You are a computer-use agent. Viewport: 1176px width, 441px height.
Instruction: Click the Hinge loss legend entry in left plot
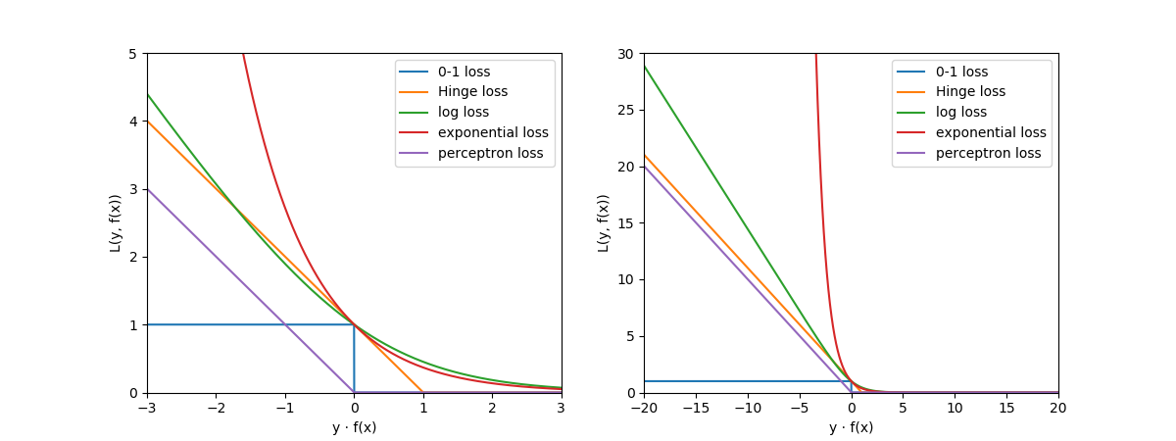(x=472, y=92)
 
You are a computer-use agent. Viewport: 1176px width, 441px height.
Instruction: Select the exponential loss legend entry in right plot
(x=991, y=132)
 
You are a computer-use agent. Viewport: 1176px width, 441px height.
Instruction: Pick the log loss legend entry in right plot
(x=961, y=113)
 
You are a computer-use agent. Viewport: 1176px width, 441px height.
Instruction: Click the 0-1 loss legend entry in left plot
(x=464, y=72)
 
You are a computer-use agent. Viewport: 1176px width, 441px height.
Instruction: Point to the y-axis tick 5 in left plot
(x=132, y=53)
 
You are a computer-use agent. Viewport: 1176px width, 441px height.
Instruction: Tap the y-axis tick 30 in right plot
(x=625, y=53)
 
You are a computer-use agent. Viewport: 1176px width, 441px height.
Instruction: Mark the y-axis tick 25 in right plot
(x=625, y=110)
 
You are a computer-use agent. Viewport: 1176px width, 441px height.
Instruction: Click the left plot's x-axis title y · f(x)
(x=354, y=427)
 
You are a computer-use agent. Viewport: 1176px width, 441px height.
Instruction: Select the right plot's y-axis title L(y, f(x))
(x=604, y=222)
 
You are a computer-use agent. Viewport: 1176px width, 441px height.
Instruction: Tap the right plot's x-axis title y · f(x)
(x=851, y=427)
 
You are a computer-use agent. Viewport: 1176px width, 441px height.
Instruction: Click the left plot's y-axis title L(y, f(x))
(x=116, y=222)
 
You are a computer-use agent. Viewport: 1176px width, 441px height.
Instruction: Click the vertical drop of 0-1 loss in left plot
(x=354, y=359)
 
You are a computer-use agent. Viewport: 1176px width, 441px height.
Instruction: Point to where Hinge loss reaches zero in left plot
(x=423, y=392)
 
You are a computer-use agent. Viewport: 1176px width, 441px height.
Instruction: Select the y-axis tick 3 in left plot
(x=132, y=189)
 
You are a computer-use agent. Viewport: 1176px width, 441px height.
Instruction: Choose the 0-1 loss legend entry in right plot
(x=960, y=72)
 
